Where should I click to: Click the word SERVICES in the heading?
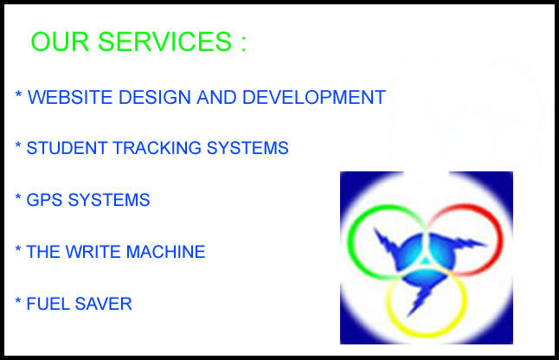coord(164,42)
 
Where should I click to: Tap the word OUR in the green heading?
coord(60,42)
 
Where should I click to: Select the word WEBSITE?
coord(70,97)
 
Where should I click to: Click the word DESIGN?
coord(154,97)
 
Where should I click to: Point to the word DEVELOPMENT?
coord(314,97)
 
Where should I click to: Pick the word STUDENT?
coord(67,148)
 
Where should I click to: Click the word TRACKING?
coord(157,148)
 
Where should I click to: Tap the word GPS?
coord(44,200)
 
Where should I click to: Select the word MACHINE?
coord(166,252)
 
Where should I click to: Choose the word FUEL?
coord(48,304)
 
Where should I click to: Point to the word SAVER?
coord(103,304)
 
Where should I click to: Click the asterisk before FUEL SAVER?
coord(18,301)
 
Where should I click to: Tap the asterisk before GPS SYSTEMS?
coord(18,197)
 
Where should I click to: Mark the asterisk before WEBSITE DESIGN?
coord(18,94)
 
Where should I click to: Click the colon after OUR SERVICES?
coord(243,43)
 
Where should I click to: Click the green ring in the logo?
coord(349,242)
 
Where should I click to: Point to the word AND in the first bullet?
coord(216,97)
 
